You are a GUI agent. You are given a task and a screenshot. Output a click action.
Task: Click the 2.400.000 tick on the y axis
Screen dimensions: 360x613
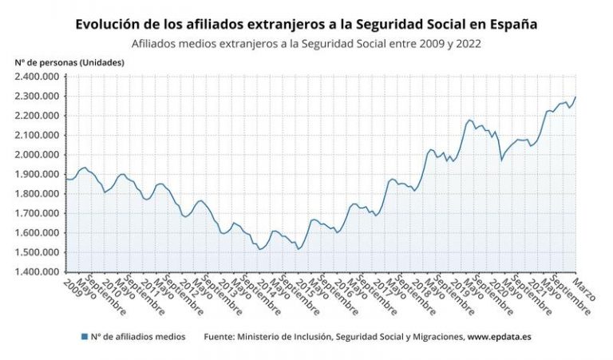coord(37,77)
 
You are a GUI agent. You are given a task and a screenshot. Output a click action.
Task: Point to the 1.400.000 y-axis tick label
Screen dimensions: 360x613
coord(37,272)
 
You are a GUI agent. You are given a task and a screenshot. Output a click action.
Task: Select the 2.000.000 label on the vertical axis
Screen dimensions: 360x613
coord(37,155)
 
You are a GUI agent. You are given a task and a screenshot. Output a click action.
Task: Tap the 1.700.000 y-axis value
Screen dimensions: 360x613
coord(37,213)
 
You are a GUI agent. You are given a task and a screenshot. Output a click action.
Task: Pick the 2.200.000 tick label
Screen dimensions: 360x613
coord(37,116)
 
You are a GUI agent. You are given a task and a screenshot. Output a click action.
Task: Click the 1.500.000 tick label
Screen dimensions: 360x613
coord(37,252)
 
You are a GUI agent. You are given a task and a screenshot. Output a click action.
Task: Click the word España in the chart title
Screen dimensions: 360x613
coord(511,25)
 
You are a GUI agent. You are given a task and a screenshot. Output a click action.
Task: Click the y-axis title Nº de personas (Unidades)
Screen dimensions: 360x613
coord(69,61)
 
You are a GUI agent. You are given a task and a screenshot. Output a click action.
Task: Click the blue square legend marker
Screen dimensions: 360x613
coord(85,337)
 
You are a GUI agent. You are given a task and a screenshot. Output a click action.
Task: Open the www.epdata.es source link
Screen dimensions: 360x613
coord(499,337)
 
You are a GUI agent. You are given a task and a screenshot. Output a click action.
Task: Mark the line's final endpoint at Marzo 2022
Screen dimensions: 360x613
coord(575,97)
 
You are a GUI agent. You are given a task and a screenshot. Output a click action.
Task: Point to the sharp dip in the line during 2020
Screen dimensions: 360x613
coord(501,160)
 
